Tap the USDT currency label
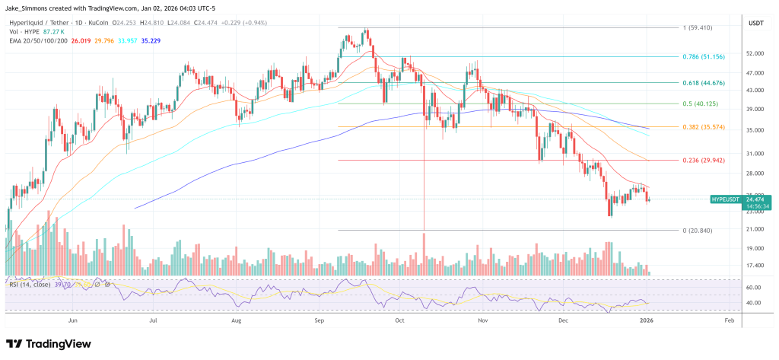pyautogui.click(x=755, y=23)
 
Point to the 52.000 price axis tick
pyautogui.click(x=755, y=54)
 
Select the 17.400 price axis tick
pyautogui.click(x=755, y=265)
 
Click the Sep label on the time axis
pyautogui.click(x=320, y=321)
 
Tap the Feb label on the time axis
pyautogui.click(x=728, y=321)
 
